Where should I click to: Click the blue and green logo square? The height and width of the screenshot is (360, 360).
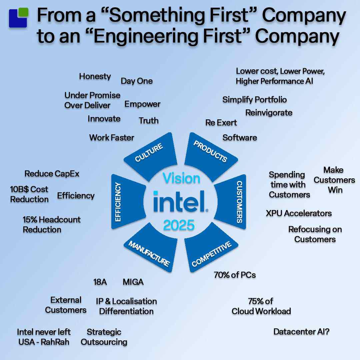click(18, 18)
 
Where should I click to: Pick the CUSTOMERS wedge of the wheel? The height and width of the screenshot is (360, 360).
click(232, 202)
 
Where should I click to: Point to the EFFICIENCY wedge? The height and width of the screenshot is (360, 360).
click(127, 202)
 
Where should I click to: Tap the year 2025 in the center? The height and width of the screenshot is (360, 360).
click(179, 225)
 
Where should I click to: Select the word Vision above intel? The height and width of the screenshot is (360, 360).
click(181, 178)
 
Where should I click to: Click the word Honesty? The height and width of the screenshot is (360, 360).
click(95, 76)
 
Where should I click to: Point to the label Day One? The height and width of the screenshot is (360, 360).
click(137, 81)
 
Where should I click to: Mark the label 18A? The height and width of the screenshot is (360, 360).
click(100, 282)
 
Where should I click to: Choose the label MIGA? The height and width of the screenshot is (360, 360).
click(133, 282)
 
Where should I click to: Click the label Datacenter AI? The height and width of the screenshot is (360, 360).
click(301, 332)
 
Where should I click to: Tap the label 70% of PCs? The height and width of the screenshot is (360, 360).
click(235, 275)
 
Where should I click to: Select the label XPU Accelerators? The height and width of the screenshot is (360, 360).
click(299, 213)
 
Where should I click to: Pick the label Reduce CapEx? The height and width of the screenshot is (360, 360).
click(52, 174)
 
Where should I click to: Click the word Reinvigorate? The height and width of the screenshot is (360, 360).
click(269, 113)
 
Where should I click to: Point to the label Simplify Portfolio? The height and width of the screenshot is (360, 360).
click(254, 100)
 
